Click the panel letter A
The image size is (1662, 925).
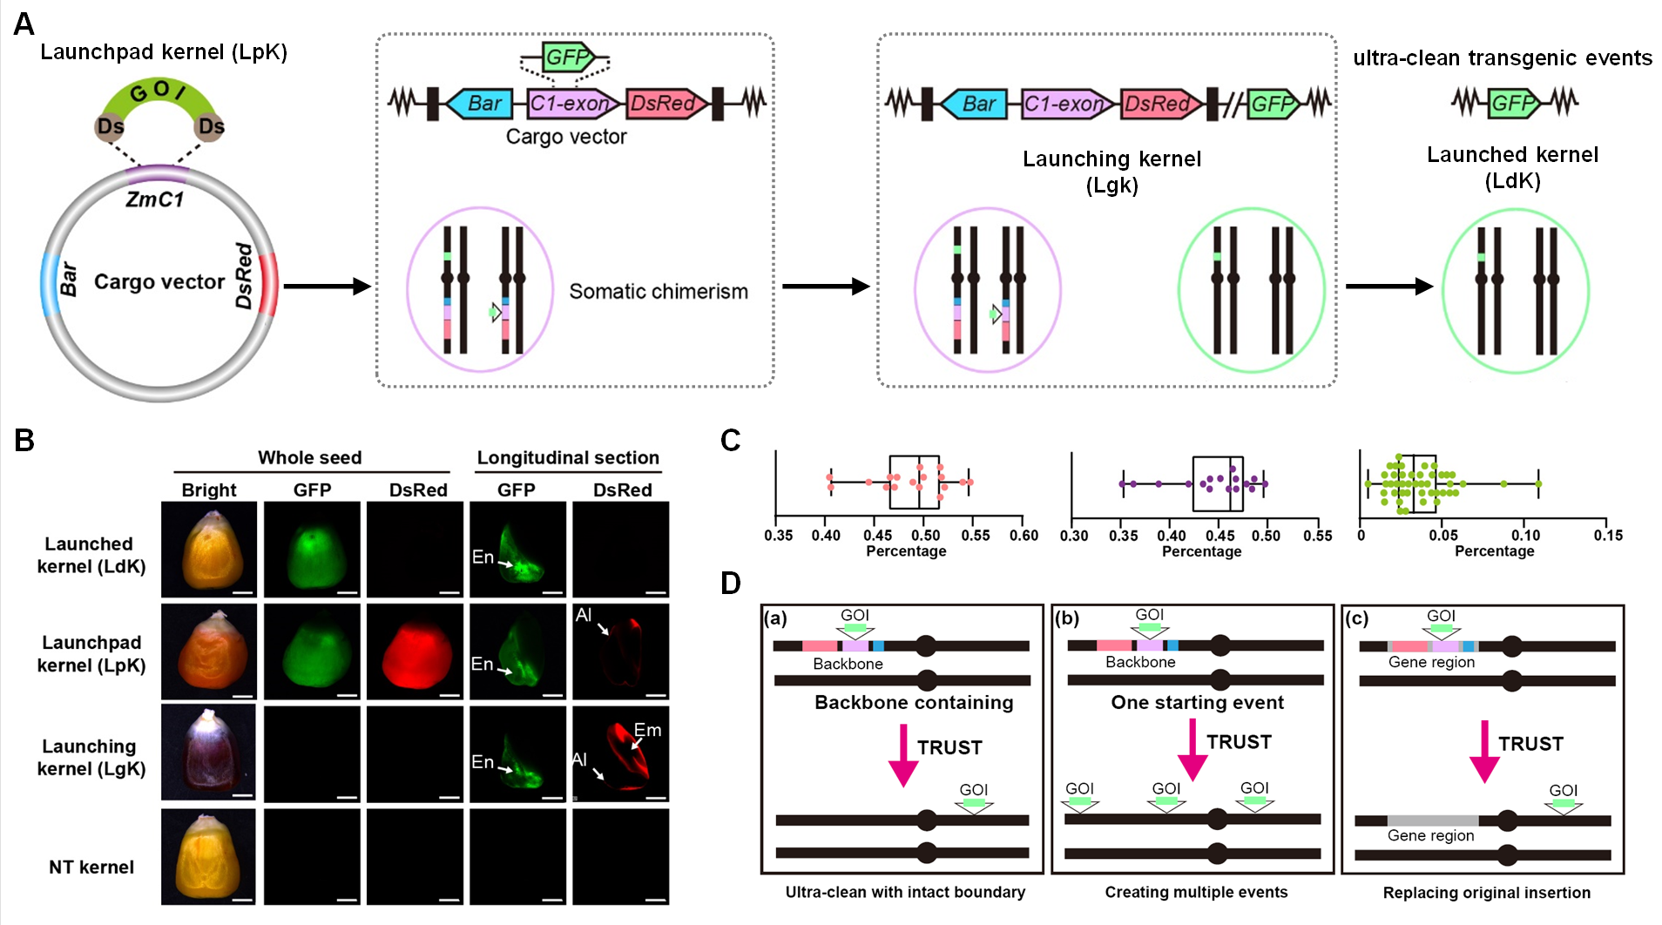24,24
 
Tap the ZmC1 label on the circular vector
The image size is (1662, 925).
155,199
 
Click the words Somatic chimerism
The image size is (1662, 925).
658,292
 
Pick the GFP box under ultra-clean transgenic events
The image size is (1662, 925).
1513,104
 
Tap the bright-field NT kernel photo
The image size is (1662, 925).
209,857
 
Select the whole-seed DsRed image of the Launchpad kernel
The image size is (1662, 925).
415,652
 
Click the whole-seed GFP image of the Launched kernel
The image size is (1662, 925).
312,550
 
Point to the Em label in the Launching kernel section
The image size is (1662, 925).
647,730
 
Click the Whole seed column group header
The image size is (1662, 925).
309,458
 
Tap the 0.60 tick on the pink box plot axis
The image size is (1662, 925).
1024,536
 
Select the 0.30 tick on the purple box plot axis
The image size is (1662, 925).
1074,536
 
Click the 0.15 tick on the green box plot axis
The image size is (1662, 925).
1608,536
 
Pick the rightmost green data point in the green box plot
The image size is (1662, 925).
1538,484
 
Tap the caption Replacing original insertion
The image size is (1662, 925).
1486,893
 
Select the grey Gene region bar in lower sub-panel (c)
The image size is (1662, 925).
1432,820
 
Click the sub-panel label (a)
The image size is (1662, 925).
775,618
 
